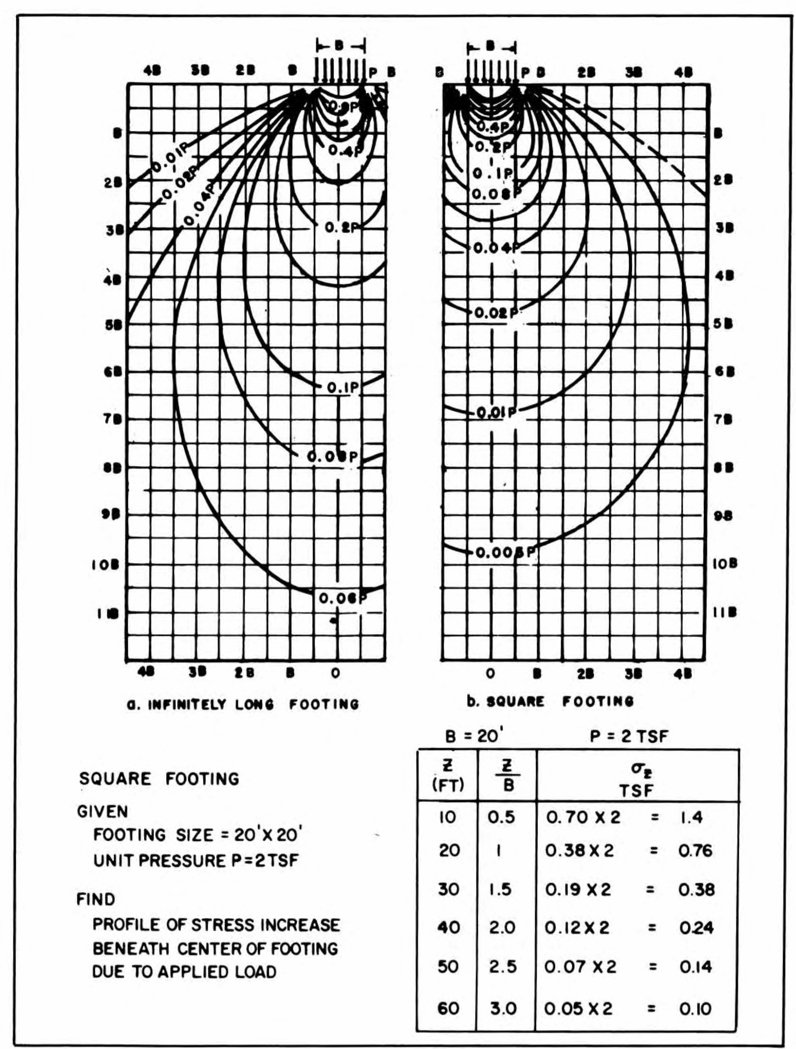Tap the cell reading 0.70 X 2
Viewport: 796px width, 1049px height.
click(583, 818)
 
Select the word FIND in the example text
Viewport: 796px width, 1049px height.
click(96, 899)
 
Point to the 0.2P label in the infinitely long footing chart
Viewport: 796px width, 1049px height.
click(343, 228)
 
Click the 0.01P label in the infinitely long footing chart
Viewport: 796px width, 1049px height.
click(169, 159)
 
